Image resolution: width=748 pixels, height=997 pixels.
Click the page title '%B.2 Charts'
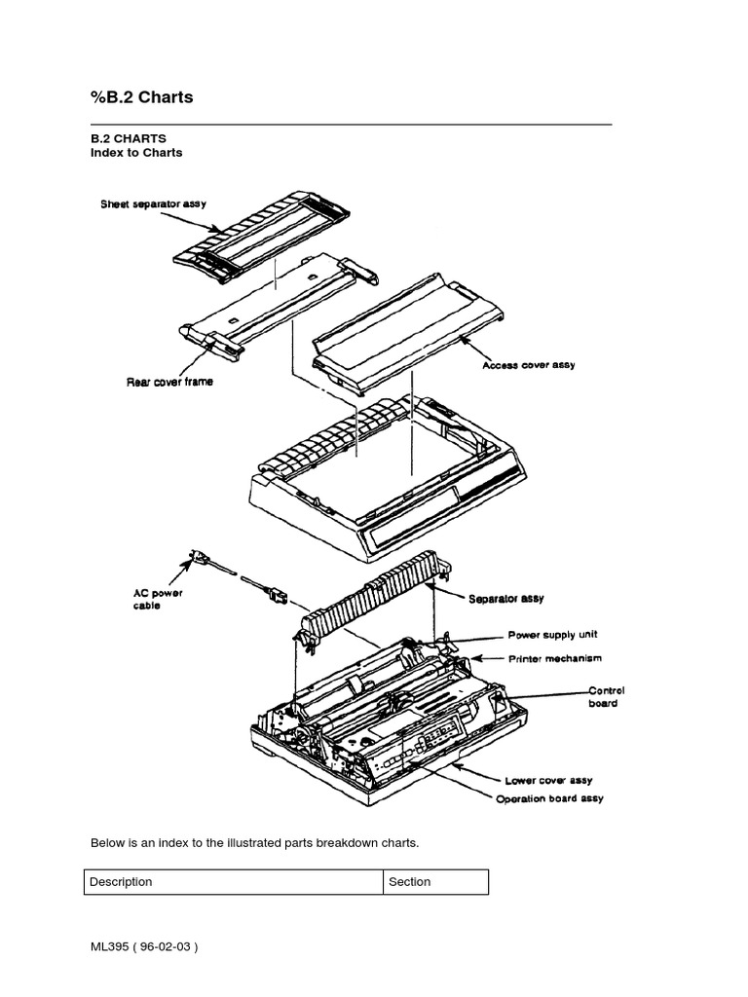[x=141, y=97]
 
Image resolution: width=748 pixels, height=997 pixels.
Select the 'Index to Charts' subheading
[x=136, y=153]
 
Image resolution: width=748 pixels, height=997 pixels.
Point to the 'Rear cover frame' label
[x=169, y=382]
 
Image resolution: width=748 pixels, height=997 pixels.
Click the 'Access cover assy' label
[x=529, y=365]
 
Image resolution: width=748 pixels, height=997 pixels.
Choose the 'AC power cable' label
[x=157, y=599]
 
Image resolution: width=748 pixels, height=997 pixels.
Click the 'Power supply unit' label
[x=554, y=634]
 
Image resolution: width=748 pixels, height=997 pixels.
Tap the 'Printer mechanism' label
[x=554, y=659]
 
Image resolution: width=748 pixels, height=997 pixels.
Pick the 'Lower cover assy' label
[x=548, y=780]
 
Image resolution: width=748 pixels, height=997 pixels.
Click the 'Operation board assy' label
[x=549, y=798]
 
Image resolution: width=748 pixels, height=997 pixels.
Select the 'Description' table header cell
[x=121, y=882]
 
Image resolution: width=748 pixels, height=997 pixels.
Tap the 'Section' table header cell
[x=409, y=882]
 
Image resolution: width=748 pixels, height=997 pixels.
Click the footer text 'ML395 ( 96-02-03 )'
[x=145, y=946]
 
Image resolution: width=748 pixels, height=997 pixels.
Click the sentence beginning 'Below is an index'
[x=254, y=842]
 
